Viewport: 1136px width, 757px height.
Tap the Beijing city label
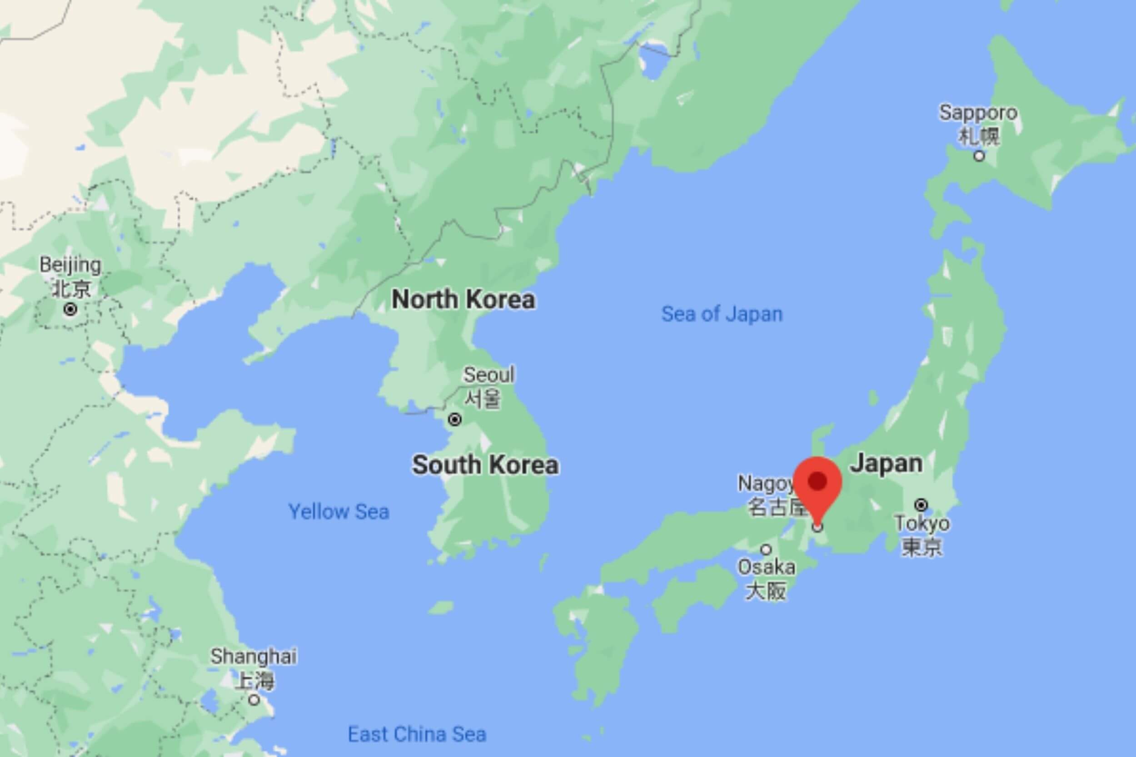click(x=70, y=276)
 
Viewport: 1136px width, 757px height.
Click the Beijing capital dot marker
click(x=70, y=309)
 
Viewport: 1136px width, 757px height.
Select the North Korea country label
click(x=463, y=299)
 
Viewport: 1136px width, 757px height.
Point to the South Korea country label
click(x=485, y=465)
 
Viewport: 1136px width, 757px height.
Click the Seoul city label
click(x=489, y=386)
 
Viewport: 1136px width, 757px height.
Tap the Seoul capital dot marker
click(x=454, y=420)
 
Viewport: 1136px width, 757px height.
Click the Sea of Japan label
click(x=722, y=314)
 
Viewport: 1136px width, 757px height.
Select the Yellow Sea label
click(x=339, y=512)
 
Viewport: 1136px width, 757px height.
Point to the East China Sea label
click(x=417, y=734)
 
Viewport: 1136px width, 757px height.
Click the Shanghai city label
click(x=254, y=668)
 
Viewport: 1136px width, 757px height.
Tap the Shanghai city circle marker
click(x=254, y=699)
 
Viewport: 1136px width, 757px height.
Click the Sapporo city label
click(x=978, y=124)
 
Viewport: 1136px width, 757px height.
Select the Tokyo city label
click(x=922, y=534)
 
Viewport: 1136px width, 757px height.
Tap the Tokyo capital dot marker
click(x=922, y=505)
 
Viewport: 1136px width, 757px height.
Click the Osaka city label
click(x=766, y=579)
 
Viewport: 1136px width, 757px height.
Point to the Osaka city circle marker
click(x=766, y=549)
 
